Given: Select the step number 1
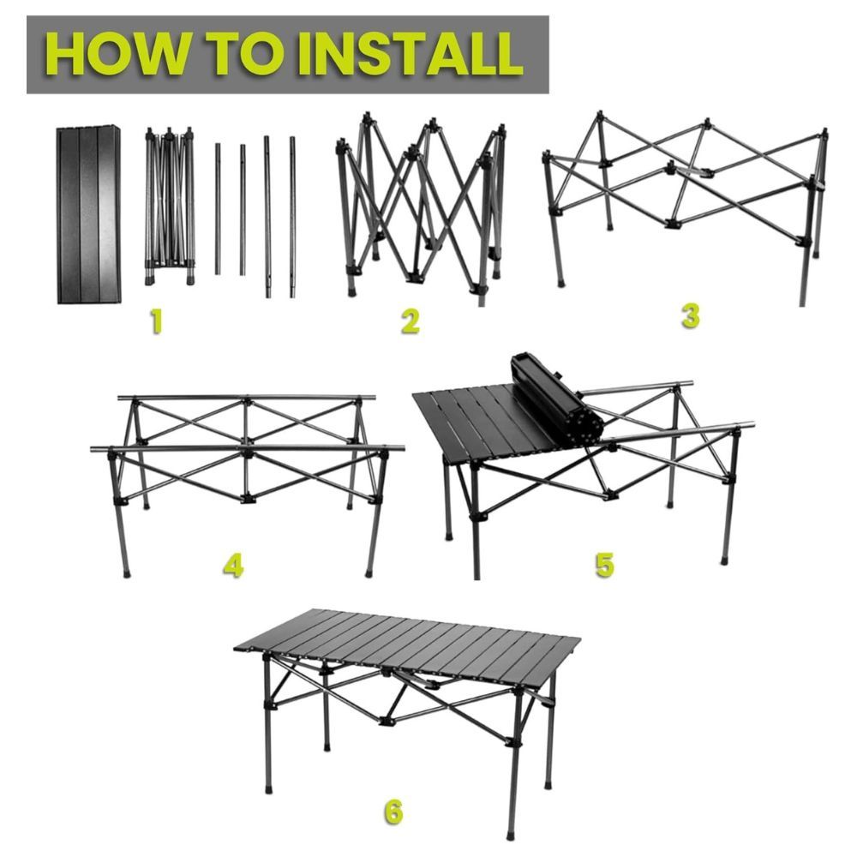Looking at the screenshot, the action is [x=156, y=321].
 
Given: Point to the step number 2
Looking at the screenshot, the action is [x=410, y=321].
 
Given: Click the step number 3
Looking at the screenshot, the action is [x=691, y=316].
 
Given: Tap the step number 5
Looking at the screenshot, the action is [x=604, y=564].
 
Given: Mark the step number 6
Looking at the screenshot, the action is [x=393, y=812].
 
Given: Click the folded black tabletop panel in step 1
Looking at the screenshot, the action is [x=89, y=214].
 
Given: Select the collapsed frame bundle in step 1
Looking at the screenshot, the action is [x=170, y=206].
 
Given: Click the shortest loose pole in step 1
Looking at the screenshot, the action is [x=243, y=210].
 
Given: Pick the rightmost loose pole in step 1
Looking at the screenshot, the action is [x=292, y=217].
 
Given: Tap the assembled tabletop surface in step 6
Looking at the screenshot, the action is [x=407, y=638].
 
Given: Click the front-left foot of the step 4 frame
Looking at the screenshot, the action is [x=128, y=574].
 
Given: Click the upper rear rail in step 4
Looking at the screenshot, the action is [x=247, y=398].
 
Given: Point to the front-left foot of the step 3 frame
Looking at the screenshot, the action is [x=561, y=283].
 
